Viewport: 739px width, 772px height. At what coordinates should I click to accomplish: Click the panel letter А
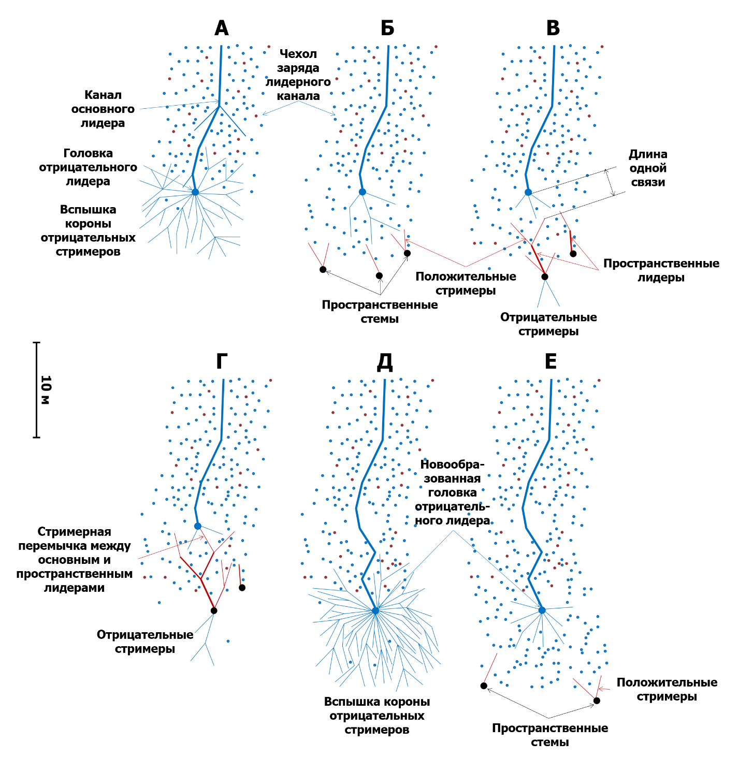coord(222,28)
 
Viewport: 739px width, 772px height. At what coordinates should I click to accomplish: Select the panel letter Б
coord(387,28)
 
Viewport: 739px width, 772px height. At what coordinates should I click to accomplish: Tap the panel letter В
coord(553,28)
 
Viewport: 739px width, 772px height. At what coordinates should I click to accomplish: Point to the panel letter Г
coord(222,361)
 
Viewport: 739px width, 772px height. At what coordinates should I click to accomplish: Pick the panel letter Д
coord(385,361)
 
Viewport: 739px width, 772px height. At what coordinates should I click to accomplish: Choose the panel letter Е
coord(550,361)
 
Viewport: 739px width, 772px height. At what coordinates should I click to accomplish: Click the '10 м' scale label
coord(46,390)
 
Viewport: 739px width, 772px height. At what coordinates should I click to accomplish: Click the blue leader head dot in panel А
coord(195,192)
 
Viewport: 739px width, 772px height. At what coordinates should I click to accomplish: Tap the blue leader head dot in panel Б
coord(363,192)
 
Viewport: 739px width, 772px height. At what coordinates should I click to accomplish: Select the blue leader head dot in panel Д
coord(375,610)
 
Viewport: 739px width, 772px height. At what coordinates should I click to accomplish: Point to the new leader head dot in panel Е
coord(542,610)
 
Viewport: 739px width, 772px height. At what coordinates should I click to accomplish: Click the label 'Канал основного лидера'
coord(103,109)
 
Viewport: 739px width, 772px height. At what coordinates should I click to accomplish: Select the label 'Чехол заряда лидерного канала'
coord(298,75)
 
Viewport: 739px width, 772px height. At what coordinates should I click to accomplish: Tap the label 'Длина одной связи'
coord(648,168)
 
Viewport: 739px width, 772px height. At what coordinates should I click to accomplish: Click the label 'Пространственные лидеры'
coord(661,270)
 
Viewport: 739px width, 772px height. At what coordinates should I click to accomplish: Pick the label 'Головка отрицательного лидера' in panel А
coord(88,167)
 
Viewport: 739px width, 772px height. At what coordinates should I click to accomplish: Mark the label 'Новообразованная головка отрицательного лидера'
coord(453,492)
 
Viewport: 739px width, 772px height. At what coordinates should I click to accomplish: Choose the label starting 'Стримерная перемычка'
coord(74,560)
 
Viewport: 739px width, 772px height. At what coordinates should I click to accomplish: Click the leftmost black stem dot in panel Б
coord(323,269)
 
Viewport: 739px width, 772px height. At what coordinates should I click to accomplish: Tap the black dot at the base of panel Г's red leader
coord(214,610)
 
